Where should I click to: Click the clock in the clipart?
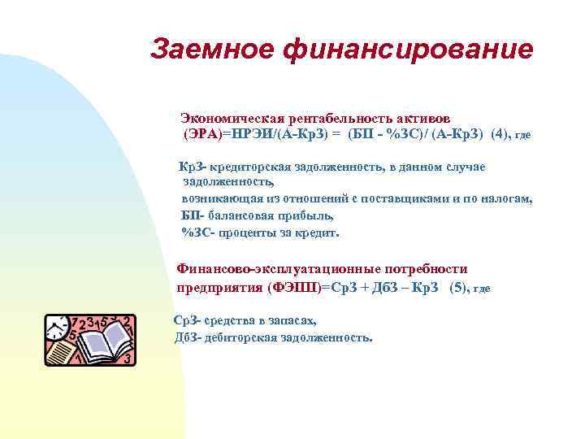[x=58, y=330]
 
